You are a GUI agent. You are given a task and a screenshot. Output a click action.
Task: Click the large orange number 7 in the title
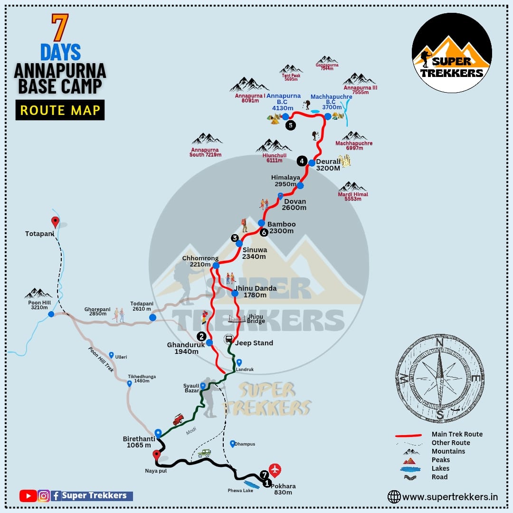click(60, 28)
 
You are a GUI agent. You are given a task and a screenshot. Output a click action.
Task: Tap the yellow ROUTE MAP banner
click(60, 110)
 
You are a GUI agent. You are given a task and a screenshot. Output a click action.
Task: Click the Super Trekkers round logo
click(451, 53)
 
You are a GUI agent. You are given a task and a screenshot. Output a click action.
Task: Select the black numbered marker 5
click(290, 125)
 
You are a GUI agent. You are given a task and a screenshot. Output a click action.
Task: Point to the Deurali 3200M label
click(328, 165)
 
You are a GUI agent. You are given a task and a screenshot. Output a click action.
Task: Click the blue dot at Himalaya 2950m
click(300, 185)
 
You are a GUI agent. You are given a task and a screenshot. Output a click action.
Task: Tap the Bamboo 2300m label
click(281, 228)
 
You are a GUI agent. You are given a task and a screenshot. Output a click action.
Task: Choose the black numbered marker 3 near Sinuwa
click(234, 238)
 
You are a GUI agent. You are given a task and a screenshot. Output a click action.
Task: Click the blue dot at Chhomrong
click(216, 266)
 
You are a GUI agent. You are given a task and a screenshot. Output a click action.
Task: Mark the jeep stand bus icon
click(228, 339)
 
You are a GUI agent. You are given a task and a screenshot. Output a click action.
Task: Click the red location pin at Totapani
click(55, 221)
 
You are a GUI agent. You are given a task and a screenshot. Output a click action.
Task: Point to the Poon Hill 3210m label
click(38, 304)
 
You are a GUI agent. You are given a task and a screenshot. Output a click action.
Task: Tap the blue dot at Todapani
click(152, 317)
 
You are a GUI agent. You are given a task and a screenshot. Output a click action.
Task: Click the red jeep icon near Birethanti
click(178, 419)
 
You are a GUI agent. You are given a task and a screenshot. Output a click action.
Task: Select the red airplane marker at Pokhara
click(275, 470)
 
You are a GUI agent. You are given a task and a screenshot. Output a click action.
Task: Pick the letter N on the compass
click(439, 342)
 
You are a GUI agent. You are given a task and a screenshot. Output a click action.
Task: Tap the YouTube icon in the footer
click(28, 496)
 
